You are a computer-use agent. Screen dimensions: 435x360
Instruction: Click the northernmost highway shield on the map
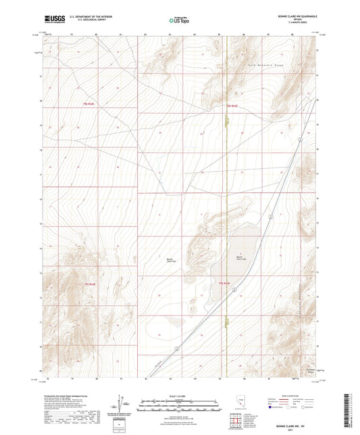pos(269,215)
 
